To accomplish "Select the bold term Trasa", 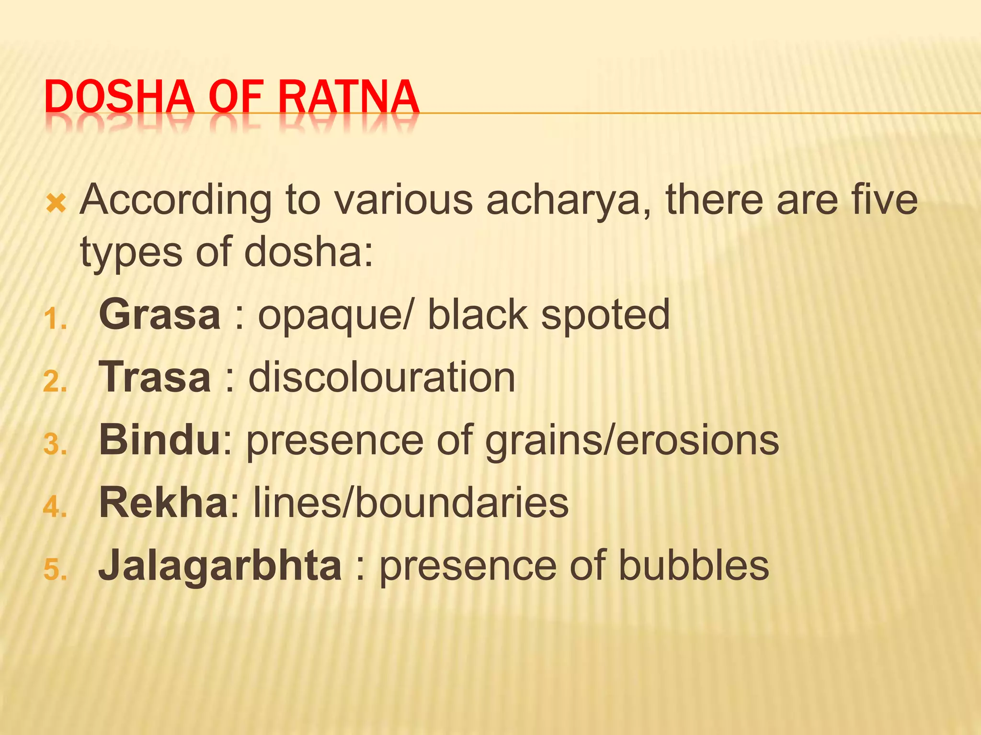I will point(155,378).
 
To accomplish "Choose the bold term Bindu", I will point(160,440).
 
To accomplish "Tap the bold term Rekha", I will point(163,503).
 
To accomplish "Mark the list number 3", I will point(54,445).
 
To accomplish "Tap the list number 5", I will point(54,570).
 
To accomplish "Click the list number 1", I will point(54,319).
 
